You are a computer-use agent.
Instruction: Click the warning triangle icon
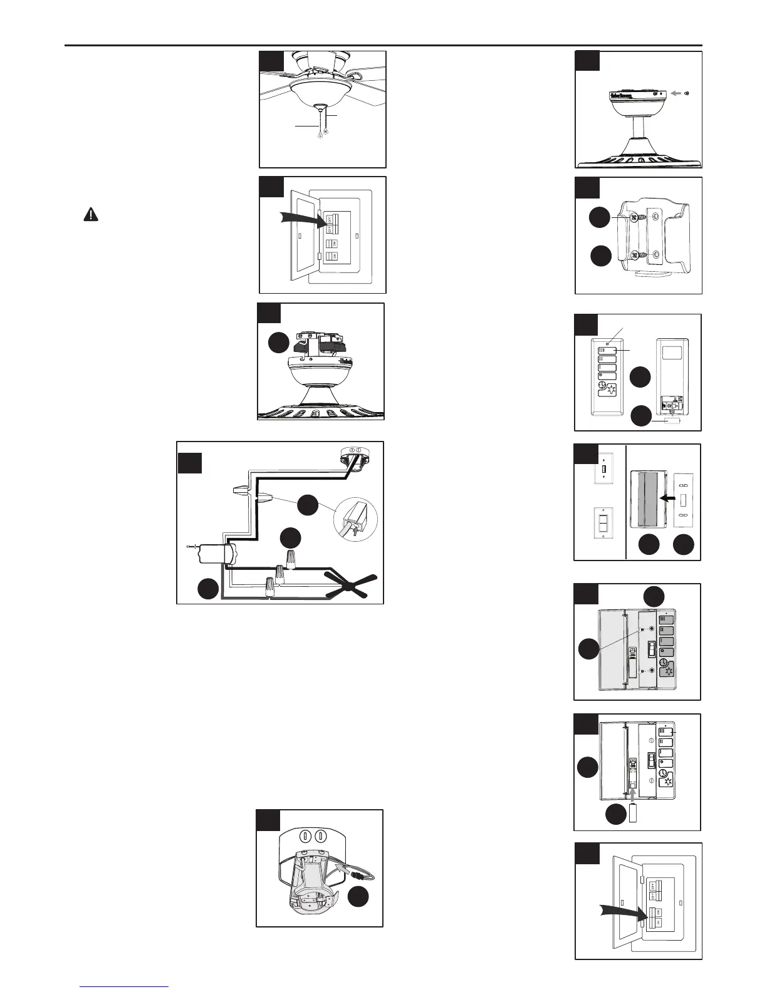[x=91, y=215]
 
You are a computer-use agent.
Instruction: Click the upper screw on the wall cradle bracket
[x=635, y=218]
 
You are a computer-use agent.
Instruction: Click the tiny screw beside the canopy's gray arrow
[x=689, y=93]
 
